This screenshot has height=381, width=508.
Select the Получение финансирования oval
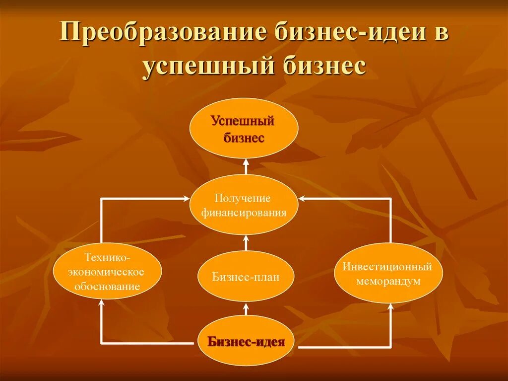point(244,205)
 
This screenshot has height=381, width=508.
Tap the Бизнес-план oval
point(246,277)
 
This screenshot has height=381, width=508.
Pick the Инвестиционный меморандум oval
point(388,273)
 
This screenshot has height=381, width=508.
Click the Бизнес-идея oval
point(247,342)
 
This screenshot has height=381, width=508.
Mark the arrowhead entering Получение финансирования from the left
point(186,199)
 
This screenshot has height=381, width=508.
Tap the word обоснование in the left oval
point(107,287)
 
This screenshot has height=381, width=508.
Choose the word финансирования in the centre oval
point(244,213)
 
